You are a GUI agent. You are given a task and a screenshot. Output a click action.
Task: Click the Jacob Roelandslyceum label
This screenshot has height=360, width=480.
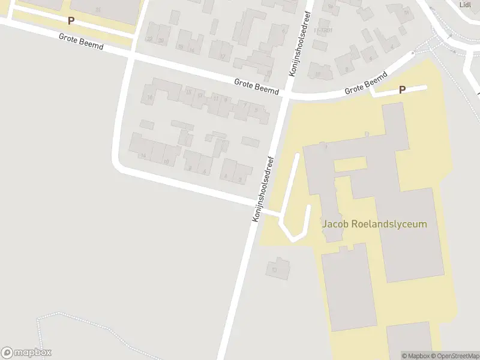375,224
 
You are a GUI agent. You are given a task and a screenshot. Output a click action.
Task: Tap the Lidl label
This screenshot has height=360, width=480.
465,4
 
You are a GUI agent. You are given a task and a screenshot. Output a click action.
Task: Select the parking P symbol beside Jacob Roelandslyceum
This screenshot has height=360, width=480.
402,90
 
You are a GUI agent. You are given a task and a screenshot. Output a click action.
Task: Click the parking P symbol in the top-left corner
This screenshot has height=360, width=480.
71,20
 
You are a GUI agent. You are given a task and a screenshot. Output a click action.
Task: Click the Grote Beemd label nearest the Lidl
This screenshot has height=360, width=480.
365,85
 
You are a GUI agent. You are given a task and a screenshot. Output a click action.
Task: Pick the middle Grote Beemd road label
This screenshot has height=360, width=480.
257,87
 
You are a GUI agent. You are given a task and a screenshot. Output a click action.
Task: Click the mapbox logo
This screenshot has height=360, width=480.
26,353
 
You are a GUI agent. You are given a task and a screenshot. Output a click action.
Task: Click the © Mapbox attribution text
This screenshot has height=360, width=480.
415,356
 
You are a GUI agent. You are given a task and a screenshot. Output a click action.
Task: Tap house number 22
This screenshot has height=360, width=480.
149,40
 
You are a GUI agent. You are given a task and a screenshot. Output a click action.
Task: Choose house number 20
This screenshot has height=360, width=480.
161,40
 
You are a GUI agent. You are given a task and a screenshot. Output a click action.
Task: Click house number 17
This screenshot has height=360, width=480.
223,57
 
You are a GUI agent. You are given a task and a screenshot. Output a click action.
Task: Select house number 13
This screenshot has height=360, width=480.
201,95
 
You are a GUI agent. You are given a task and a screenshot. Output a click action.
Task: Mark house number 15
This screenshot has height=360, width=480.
188,92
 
